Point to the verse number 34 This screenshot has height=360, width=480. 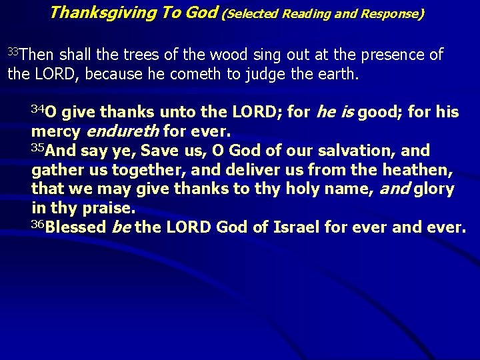[x=37, y=108]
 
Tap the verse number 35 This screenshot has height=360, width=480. [x=38, y=147]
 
